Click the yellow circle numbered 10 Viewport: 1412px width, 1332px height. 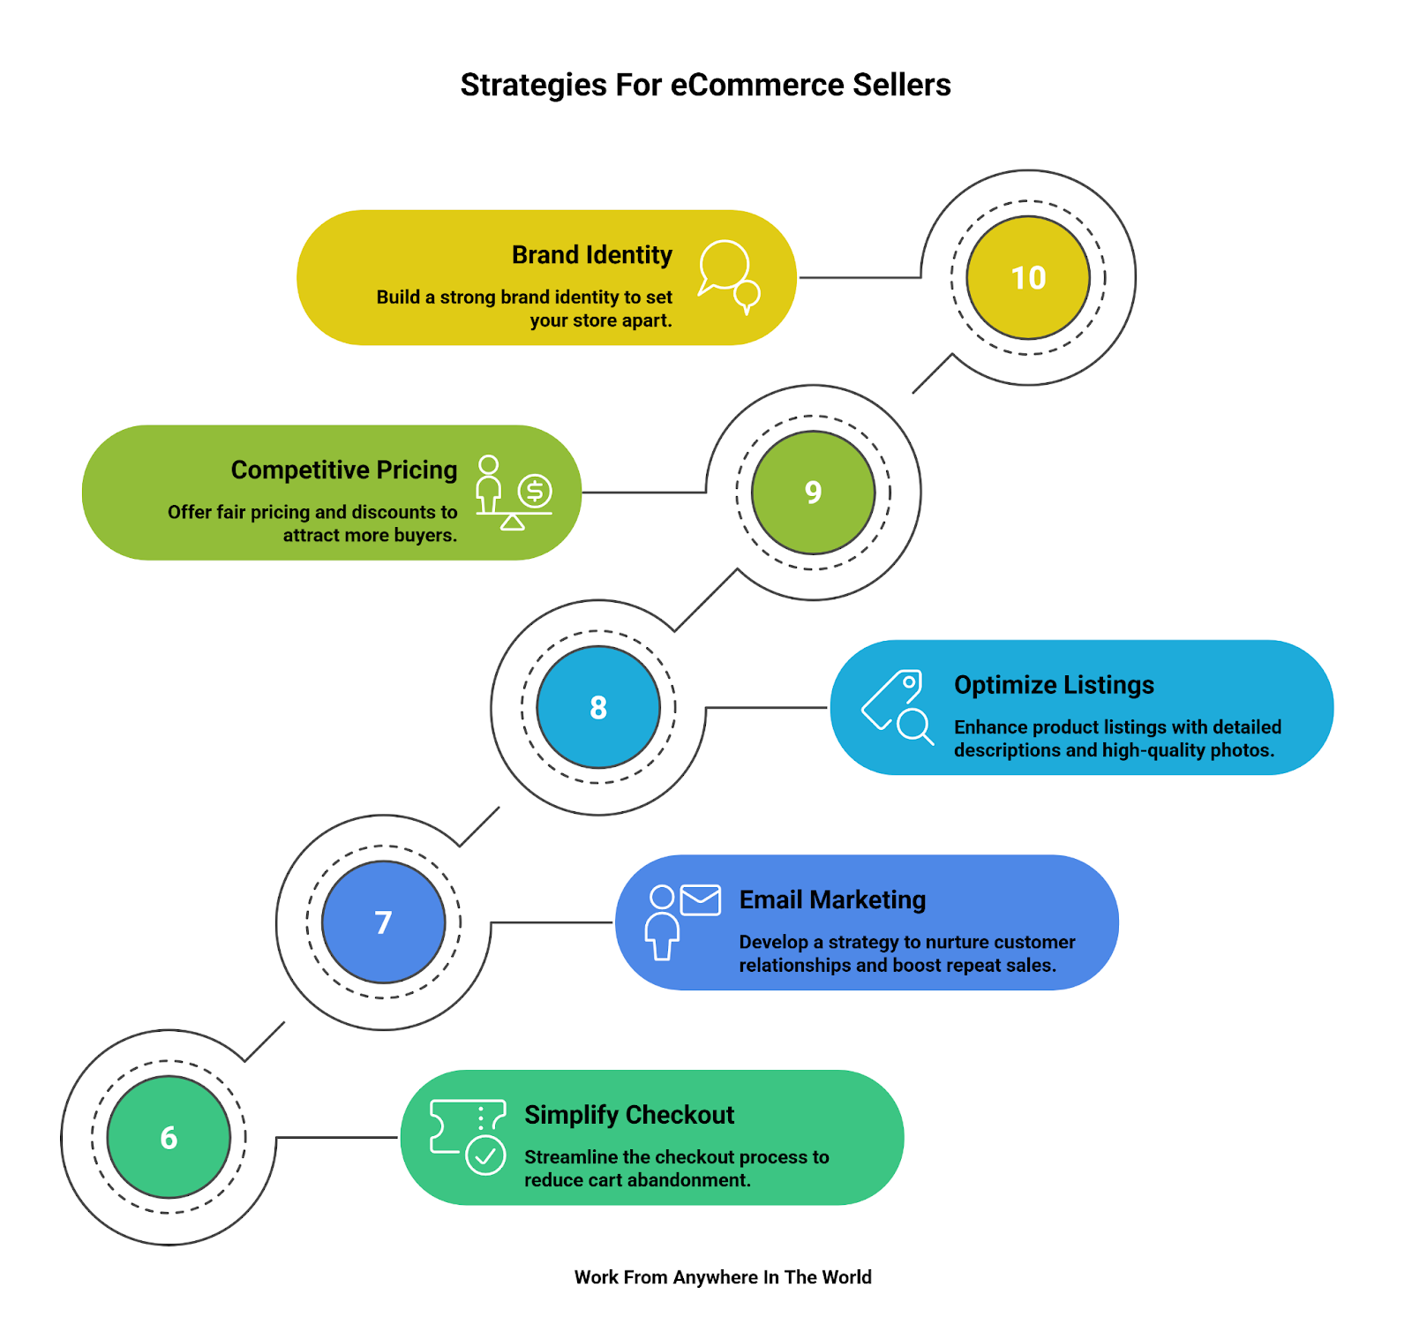1028,277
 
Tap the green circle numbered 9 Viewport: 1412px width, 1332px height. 813,493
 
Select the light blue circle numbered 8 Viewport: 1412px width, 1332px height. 598,707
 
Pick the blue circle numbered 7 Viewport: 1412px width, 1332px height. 383,922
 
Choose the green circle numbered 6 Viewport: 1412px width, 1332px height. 169,1137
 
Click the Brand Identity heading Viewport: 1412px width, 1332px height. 591,255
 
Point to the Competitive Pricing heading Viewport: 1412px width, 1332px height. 344,470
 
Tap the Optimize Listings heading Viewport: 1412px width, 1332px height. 1054,685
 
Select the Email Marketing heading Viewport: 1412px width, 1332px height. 832,899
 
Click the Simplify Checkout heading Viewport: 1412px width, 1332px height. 629,1115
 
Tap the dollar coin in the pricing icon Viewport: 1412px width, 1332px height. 535,490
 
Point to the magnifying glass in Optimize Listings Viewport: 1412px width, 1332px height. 914,726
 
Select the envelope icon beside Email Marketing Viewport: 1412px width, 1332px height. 701,899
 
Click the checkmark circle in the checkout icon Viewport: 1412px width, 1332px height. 485,1155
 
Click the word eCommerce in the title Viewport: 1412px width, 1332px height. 757,85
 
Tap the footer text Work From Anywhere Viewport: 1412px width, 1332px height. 723,1277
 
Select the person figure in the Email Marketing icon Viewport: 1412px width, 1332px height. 662,922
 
